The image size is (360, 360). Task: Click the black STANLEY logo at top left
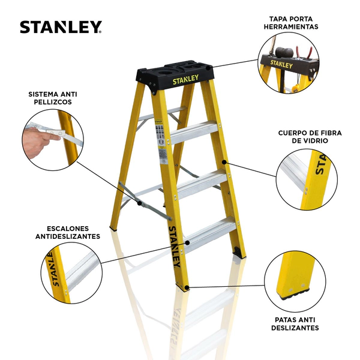(61, 27)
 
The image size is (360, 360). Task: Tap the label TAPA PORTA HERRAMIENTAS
(291, 23)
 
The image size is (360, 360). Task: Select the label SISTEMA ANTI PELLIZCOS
(53, 98)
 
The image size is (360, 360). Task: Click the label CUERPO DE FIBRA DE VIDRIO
(310, 137)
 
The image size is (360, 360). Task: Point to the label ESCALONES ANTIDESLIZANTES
(68, 232)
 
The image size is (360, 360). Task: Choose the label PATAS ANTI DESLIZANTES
(295, 324)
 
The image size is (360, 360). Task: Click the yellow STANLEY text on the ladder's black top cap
(185, 79)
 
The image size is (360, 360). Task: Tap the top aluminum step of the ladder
(194, 133)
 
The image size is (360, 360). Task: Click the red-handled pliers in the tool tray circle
(304, 52)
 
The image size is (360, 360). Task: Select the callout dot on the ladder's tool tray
(208, 68)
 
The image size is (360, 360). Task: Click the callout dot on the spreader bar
(139, 203)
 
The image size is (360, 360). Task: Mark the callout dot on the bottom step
(188, 242)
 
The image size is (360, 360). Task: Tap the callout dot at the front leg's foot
(187, 287)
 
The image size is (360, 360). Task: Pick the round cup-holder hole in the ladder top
(164, 73)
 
